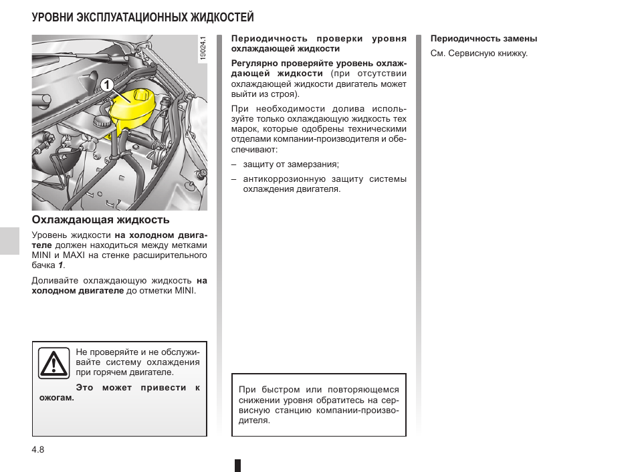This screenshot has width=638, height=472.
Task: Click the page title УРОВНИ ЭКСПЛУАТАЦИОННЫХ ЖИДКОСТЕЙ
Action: pos(142,17)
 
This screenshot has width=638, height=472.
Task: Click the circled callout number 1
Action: pos(104,85)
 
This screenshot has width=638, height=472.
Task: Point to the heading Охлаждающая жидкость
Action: pos(100,219)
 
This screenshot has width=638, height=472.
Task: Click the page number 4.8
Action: pos(38,450)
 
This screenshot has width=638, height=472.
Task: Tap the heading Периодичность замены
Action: pos(484,39)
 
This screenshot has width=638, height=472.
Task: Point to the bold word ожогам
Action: pos(56,398)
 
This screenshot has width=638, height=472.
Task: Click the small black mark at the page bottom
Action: pos(237,465)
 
